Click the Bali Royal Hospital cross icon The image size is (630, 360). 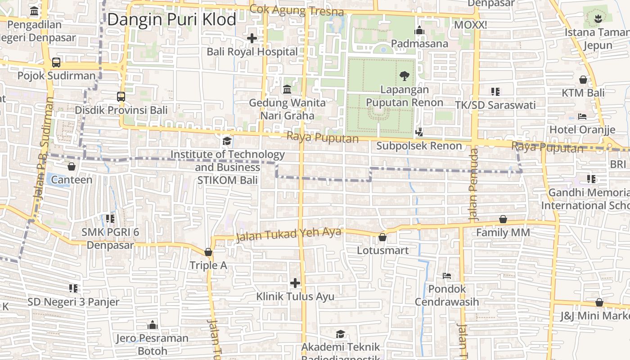click(252, 38)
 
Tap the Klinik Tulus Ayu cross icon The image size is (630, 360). click(295, 283)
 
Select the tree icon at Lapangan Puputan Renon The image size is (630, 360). click(405, 76)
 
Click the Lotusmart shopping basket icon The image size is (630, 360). click(382, 237)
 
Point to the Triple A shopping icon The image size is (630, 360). click(208, 252)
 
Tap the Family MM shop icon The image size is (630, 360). click(503, 219)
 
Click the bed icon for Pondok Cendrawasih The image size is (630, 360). click(447, 275)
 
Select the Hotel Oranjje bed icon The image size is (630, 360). click(582, 117)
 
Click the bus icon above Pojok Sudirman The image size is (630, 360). click(56, 63)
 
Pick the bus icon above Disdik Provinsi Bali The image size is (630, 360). click(121, 96)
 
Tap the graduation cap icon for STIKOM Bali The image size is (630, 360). click(227, 141)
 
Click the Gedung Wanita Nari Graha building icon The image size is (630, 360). click(287, 90)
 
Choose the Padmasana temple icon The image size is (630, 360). click(419, 30)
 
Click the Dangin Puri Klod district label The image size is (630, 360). click(171, 19)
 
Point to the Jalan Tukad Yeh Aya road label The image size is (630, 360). click(288, 234)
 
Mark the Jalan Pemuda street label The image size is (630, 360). click(473, 184)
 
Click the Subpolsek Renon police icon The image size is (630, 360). click(419, 132)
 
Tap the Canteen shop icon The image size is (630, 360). click(71, 166)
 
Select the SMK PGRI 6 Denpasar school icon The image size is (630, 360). click(110, 219)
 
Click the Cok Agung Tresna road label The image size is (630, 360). click(297, 10)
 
